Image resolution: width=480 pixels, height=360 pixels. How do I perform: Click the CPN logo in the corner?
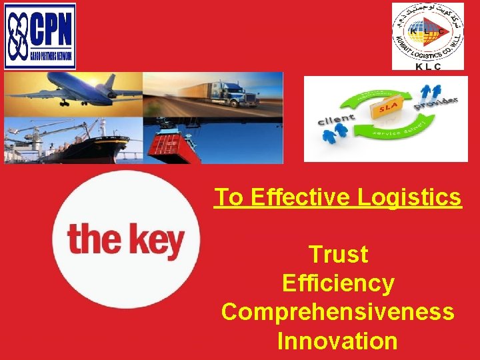coord(40,36)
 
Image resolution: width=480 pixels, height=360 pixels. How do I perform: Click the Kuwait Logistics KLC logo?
coord(427,37)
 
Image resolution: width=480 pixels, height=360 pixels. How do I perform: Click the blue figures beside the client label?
coord(334,133)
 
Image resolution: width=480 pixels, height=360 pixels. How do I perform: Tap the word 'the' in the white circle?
coord(93,239)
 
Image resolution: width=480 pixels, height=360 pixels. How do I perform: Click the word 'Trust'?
coord(338,254)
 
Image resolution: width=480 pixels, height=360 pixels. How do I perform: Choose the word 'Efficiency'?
coord(338,283)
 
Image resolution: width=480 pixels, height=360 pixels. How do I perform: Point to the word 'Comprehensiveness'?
coord(338,312)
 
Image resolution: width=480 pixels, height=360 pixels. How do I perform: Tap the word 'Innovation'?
coord(338,341)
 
